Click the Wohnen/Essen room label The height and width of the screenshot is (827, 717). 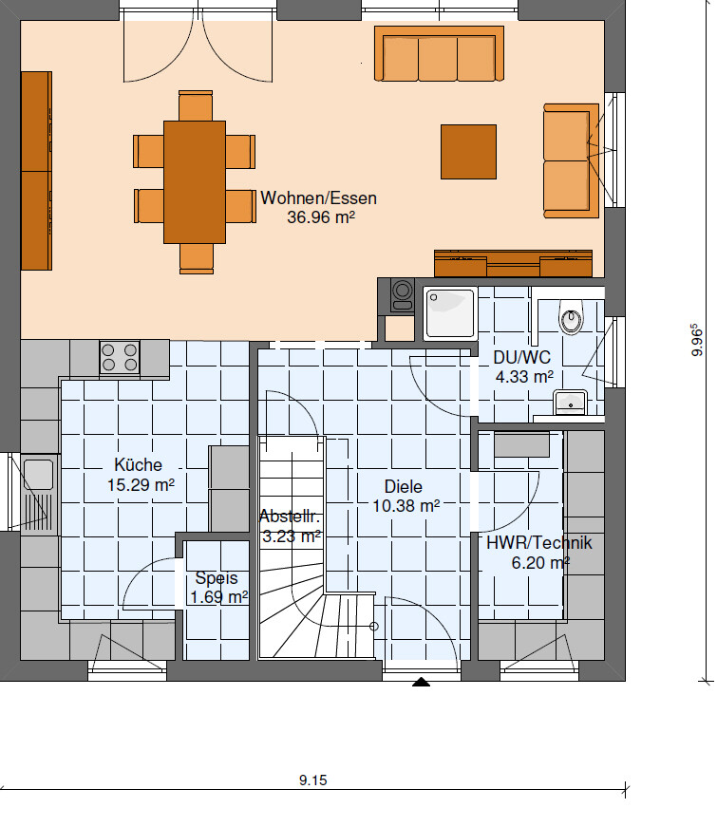pyautogui.click(x=319, y=198)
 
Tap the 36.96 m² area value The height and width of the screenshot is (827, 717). pyautogui.click(x=321, y=217)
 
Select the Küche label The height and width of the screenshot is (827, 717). pyautogui.click(x=139, y=465)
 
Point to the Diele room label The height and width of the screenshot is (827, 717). pyautogui.click(x=404, y=486)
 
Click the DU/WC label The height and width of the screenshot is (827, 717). pyautogui.click(x=521, y=358)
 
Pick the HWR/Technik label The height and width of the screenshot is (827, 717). pyautogui.click(x=539, y=543)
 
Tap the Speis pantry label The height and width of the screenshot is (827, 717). pyautogui.click(x=217, y=578)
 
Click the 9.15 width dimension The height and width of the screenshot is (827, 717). pyautogui.click(x=312, y=780)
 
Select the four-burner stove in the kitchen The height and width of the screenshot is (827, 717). pyautogui.click(x=120, y=357)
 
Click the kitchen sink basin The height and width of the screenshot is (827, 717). pyautogui.click(x=39, y=475)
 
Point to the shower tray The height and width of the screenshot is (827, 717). pyautogui.click(x=450, y=312)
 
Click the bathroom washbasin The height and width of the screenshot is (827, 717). pyautogui.click(x=571, y=403)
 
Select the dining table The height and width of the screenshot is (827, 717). pyautogui.click(x=195, y=182)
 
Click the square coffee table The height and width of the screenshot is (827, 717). pyautogui.click(x=468, y=152)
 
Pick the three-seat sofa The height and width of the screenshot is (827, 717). pyautogui.click(x=439, y=54)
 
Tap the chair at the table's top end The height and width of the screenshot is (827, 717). pyautogui.click(x=196, y=105)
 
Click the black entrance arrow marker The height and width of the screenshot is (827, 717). pyautogui.click(x=421, y=682)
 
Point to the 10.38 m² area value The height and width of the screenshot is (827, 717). pyautogui.click(x=406, y=506)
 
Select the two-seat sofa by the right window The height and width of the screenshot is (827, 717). pyautogui.click(x=572, y=160)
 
